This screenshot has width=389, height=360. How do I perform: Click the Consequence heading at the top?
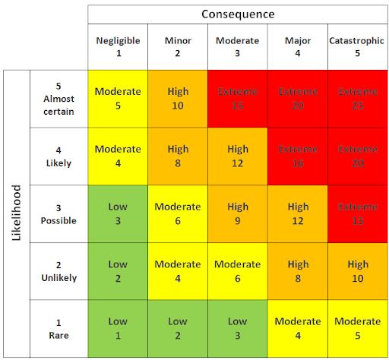[x=238, y=14]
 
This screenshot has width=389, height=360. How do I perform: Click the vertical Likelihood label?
[x=16, y=213]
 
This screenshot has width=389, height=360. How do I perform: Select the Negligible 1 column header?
[x=118, y=47]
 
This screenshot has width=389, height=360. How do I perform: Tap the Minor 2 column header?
[x=178, y=47]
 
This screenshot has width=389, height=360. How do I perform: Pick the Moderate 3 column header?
[x=237, y=47]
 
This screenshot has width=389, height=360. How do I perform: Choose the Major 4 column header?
[x=297, y=47]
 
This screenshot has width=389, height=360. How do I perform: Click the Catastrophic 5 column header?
[x=357, y=47]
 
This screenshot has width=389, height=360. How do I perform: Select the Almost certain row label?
[x=59, y=99]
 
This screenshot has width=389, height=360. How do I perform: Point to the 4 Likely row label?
[x=59, y=156]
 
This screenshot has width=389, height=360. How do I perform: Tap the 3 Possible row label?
[x=59, y=213]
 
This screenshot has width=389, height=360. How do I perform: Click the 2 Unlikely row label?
[x=59, y=271]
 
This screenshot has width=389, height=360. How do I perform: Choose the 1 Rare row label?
[x=59, y=328]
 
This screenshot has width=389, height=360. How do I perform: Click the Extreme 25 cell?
[x=357, y=99]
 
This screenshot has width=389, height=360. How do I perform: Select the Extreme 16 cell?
[x=297, y=156]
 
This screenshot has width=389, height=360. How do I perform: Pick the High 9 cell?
[x=237, y=213]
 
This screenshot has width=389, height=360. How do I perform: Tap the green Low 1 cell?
[x=118, y=328]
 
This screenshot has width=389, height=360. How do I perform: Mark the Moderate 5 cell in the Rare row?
[x=357, y=328]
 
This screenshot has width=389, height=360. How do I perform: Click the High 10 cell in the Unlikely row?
[x=357, y=271]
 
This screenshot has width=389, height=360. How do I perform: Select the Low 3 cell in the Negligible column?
[x=118, y=213]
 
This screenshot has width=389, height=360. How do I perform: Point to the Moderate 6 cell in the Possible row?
[x=178, y=213]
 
